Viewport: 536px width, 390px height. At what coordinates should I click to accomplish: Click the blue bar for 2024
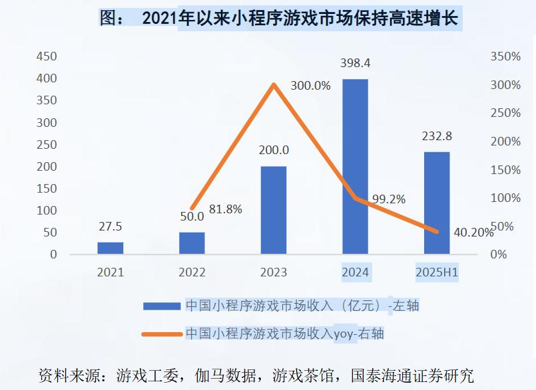(x=355, y=167)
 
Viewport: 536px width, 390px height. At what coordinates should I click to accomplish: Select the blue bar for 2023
(x=273, y=210)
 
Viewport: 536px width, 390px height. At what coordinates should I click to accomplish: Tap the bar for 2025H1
(x=437, y=203)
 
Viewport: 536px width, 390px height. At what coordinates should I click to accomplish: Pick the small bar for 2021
(x=110, y=248)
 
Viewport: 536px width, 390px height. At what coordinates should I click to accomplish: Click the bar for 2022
(x=192, y=243)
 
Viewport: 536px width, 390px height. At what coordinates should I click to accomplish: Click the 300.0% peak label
(x=310, y=86)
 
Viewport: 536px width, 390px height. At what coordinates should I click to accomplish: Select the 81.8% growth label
(x=226, y=209)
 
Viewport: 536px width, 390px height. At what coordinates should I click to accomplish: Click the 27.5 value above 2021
(x=110, y=227)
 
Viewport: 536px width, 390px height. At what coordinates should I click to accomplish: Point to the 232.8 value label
(x=437, y=136)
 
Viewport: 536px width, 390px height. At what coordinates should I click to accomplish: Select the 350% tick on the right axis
(x=505, y=56)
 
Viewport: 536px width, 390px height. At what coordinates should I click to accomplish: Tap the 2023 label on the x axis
(x=273, y=272)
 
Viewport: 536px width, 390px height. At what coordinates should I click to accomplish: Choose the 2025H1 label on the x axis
(x=437, y=272)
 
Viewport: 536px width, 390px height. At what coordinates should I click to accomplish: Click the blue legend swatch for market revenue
(x=161, y=306)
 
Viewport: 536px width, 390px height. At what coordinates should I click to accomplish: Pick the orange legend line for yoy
(x=161, y=334)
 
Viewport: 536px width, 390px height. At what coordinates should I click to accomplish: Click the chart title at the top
(x=280, y=18)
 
